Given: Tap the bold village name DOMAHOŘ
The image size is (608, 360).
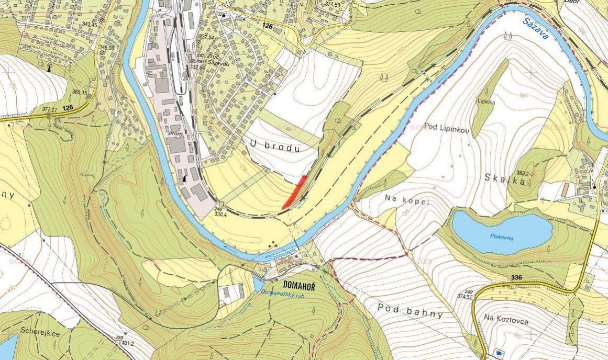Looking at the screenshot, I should pos(299,285).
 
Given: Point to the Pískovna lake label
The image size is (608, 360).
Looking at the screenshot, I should pos(501,237).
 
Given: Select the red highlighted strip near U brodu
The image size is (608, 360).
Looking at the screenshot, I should pos(294,193).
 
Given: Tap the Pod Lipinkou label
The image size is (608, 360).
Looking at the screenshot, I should pos(446,128).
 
